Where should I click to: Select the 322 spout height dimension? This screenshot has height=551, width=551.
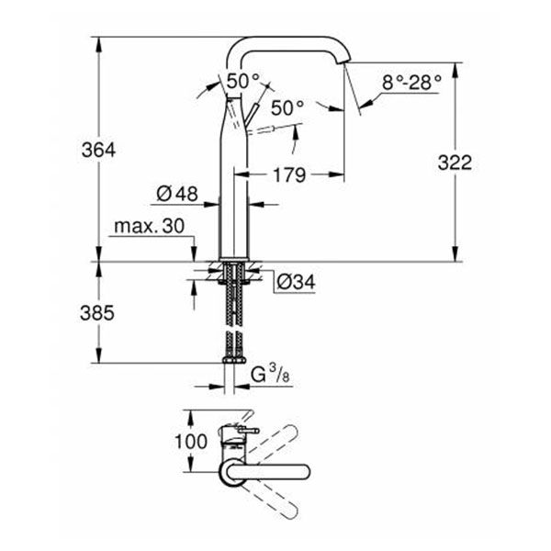click(x=454, y=163)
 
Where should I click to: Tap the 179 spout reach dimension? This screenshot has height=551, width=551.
click(x=288, y=174)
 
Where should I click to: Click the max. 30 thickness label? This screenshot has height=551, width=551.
click(x=150, y=226)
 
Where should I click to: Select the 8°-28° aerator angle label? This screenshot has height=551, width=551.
click(x=412, y=82)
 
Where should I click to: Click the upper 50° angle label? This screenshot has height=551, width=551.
click(x=244, y=82)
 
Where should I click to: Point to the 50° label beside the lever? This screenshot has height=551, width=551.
click(x=287, y=108)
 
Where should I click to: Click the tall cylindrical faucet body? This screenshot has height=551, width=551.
click(x=236, y=184)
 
